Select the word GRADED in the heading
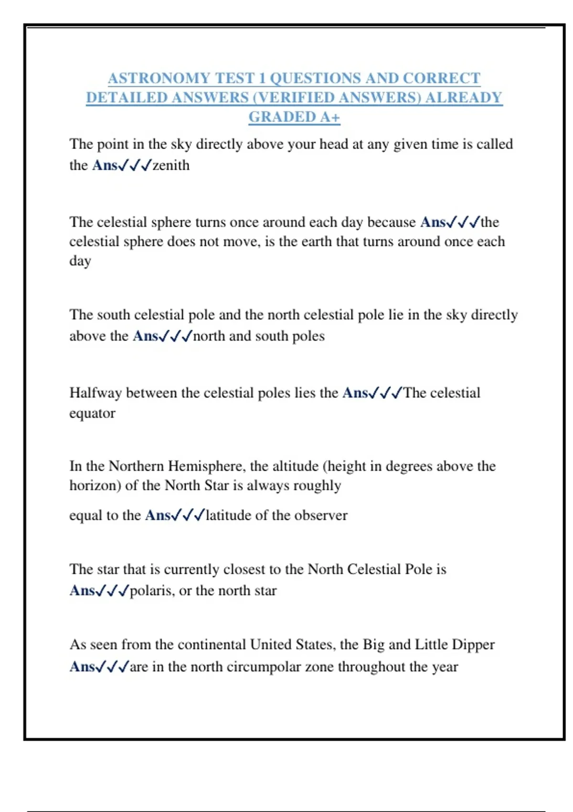point(276,117)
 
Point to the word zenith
point(171,165)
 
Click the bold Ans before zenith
point(105,165)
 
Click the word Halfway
point(95,393)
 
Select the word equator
point(92,413)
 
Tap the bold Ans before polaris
point(82,591)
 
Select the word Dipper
point(473,645)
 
